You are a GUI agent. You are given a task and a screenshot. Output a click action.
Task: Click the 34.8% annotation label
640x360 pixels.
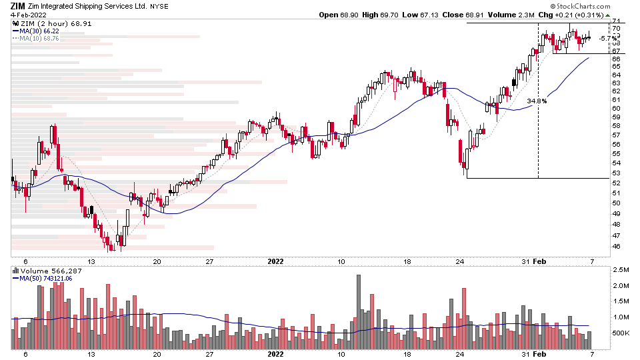(537, 101)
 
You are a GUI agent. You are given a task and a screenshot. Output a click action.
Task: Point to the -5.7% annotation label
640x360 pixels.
(606, 39)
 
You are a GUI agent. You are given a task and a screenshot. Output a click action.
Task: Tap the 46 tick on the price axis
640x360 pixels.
(617, 247)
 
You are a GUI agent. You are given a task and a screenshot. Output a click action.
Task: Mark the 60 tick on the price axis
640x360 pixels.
(617, 108)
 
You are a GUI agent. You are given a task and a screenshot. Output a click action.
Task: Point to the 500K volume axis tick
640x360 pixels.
(621, 333)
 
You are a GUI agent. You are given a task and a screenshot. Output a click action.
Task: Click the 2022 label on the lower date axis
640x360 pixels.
(275, 355)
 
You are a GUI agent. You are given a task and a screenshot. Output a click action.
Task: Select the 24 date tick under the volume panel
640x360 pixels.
(460, 355)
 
